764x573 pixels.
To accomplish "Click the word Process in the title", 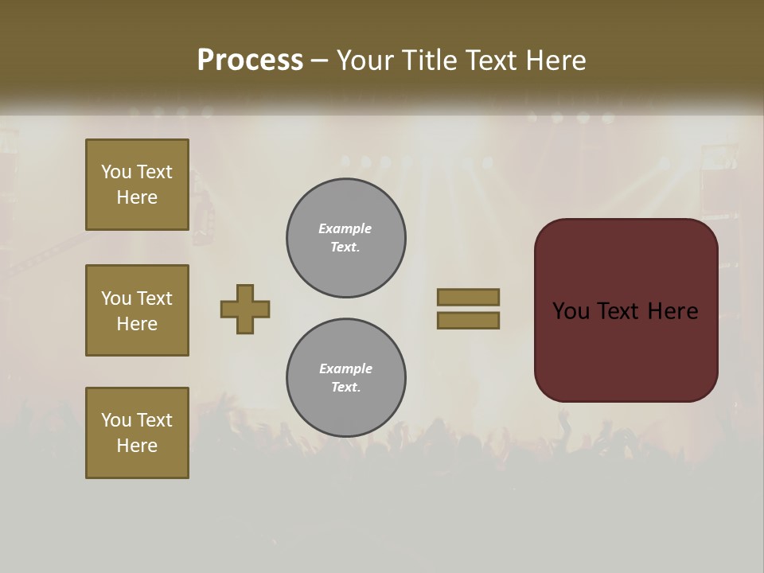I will [250, 60].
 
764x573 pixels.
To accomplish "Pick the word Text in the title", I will [489, 60].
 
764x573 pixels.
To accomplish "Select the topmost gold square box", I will [137, 185].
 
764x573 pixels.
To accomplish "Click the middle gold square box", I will [137, 310].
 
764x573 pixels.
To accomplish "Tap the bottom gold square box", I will [137, 433].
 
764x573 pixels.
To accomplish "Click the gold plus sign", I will [245, 309].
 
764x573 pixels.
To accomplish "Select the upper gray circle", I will [346, 238].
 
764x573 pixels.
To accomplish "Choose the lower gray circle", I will [346, 378].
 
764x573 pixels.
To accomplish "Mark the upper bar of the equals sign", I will [469, 297].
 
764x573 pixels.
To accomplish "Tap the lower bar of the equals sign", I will [469, 321].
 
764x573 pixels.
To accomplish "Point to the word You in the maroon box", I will [571, 311].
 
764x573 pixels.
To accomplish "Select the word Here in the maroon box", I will [672, 311].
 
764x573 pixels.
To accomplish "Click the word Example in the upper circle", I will [345, 228].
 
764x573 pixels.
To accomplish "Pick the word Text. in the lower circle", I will [345, 388].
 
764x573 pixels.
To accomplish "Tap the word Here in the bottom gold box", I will [137, 446].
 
